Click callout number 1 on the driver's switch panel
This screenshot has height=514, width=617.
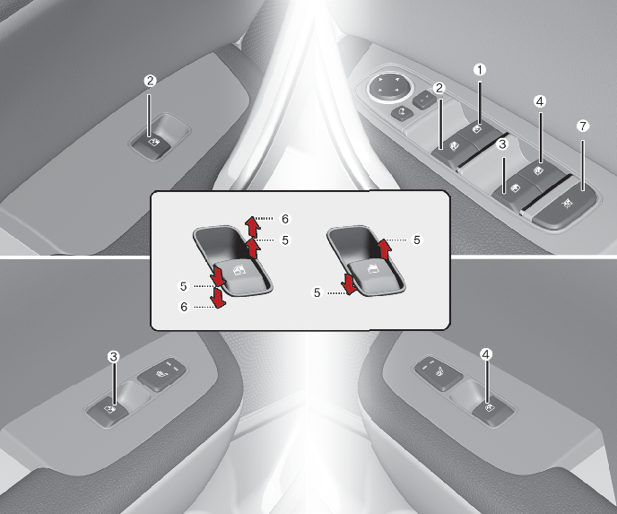[479, 70]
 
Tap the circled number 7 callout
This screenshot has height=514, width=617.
[583, 126]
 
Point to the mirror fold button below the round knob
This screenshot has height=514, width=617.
[402, 112]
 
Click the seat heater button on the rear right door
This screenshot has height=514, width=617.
[438, 372]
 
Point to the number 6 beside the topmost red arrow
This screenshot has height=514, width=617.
[285, 219]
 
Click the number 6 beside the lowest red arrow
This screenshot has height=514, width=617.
[184, 307]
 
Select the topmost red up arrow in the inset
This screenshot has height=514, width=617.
[252, 226]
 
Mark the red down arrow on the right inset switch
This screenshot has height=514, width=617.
[350, 284]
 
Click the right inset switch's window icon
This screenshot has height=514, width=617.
[372, 269]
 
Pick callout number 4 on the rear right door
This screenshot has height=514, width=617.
[486, 354]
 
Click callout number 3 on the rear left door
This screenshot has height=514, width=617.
[113, 357]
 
